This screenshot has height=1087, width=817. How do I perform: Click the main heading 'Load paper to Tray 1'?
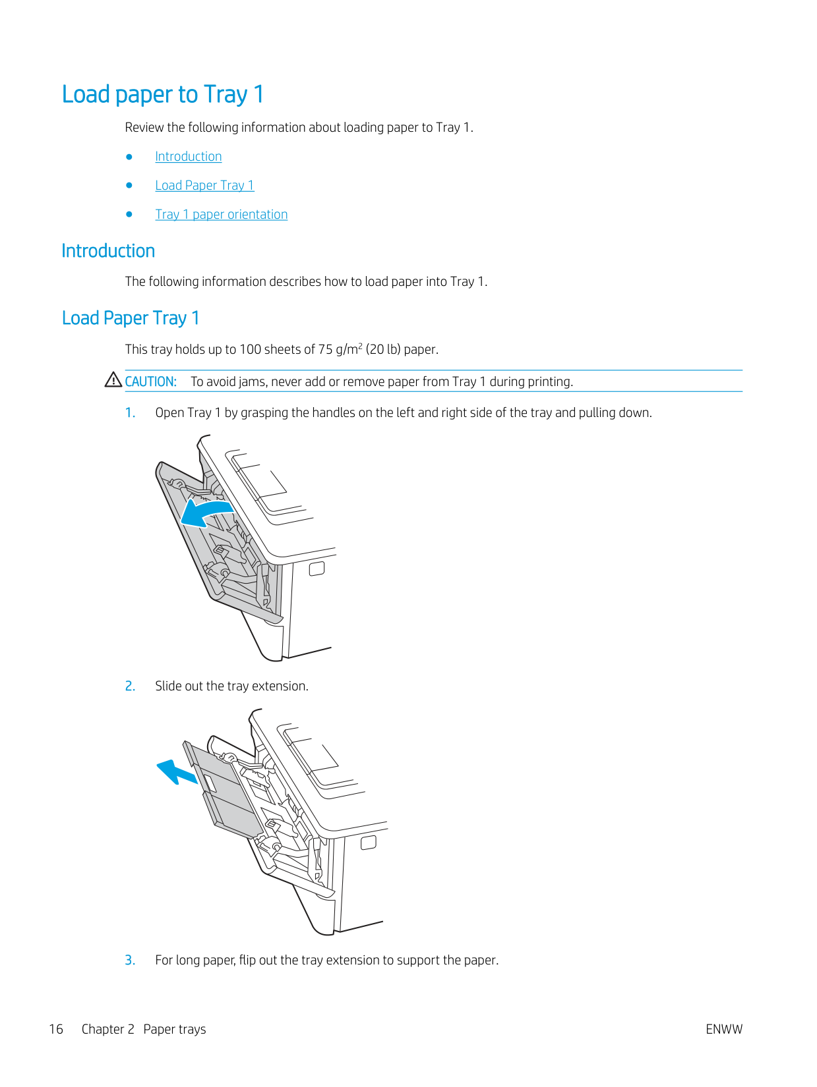(163, 95)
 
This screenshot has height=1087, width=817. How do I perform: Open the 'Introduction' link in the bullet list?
(189, 157)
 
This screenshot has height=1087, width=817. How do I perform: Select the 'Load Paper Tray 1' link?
(204, 186)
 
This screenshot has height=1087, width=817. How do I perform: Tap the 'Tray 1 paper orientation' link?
(222, 215)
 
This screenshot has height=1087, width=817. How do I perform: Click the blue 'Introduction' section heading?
(108, 251)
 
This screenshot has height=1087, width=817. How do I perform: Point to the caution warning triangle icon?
(113, 380)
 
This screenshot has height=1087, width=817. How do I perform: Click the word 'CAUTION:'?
(151, 382)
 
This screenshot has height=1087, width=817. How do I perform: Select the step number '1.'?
(131, 413)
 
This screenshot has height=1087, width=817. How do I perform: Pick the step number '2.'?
(131, 686)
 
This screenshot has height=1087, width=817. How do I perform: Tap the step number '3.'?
(131, 961)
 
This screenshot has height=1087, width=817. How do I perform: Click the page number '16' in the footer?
(56, 1030)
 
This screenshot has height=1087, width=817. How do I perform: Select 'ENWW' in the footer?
(723, 1030)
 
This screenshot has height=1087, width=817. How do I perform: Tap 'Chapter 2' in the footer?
(108, 1030)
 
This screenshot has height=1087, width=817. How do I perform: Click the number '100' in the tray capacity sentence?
(250, 350)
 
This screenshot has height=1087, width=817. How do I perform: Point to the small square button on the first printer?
(317, 569)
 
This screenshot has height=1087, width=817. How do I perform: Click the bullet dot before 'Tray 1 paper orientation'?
(129, 215)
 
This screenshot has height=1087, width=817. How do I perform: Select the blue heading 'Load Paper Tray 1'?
(131, 319)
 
